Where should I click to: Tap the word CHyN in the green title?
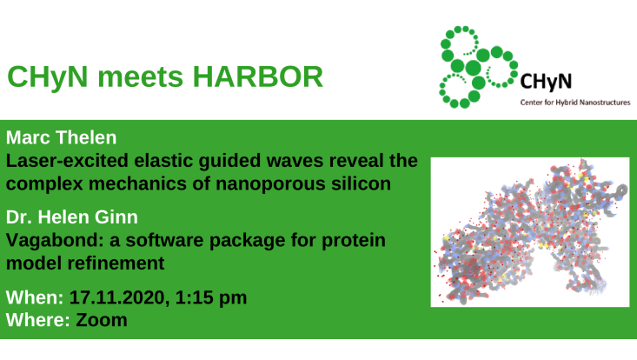point(44,77)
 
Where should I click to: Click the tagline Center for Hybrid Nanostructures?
point(574,102)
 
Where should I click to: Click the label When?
point(34,297)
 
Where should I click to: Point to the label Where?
point(36,320)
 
